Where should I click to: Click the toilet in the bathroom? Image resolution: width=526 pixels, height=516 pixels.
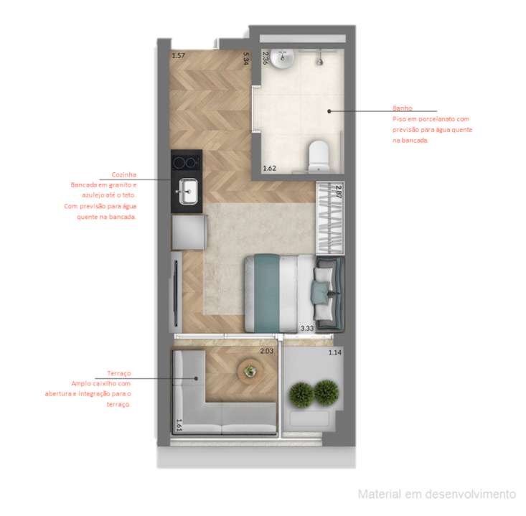317,154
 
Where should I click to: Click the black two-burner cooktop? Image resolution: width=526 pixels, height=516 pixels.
187,161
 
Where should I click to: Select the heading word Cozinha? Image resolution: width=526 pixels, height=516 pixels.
123,174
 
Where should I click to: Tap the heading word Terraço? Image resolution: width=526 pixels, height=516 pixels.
119,374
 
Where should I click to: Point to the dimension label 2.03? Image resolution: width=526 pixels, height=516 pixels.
266,351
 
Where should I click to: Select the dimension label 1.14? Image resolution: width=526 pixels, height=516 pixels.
335,352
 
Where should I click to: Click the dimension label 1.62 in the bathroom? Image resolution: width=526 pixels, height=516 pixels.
270,169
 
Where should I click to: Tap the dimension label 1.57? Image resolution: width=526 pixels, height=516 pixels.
178,55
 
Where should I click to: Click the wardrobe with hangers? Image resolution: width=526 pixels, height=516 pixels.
330,215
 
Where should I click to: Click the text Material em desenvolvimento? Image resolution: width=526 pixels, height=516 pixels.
437,494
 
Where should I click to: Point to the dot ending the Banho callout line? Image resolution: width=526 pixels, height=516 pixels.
329,111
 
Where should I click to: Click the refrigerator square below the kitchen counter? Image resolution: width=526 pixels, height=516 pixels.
189,231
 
